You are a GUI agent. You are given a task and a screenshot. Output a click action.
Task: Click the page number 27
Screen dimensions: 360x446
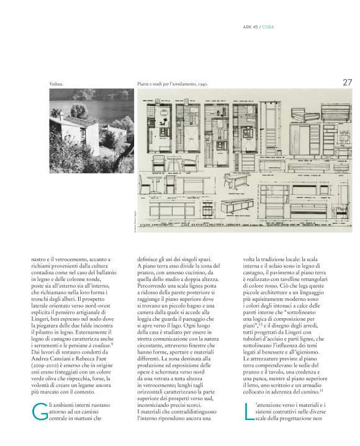coord(346,81)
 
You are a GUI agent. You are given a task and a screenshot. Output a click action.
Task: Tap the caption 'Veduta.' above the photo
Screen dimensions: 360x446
coord(57,83)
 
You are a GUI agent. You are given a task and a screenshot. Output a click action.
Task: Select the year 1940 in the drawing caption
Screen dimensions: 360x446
coord(207,83)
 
